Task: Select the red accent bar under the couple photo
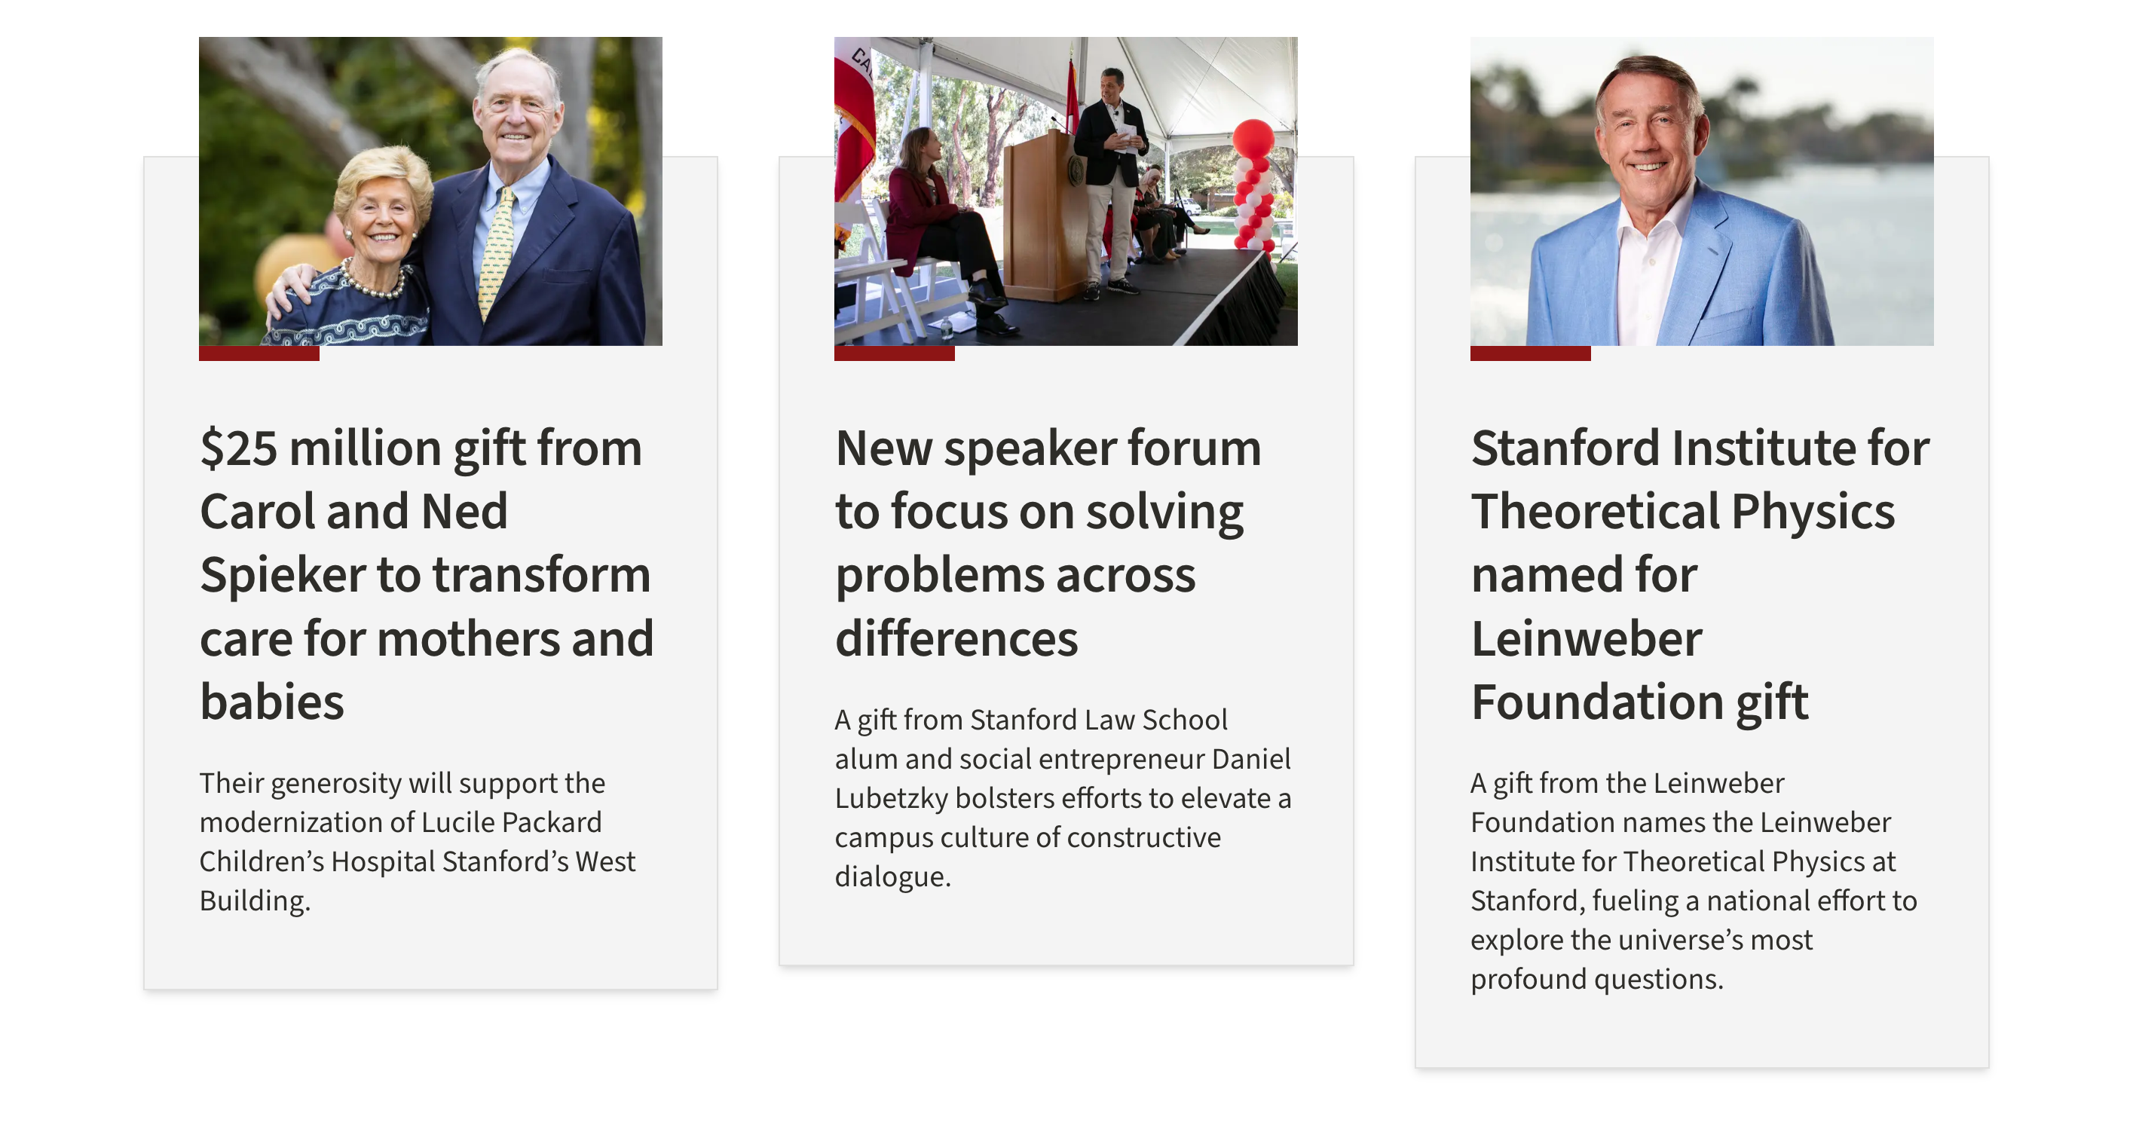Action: [259, 353]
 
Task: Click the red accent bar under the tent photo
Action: [895, 353]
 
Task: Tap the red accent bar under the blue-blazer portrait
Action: [1530, 353]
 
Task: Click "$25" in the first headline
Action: [239, 449]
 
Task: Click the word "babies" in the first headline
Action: [271, 702]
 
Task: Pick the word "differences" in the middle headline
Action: [956, 639]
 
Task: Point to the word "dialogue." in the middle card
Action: [892, 876]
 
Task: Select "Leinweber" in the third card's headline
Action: [1586, 639]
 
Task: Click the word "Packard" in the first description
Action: [552, 822]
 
